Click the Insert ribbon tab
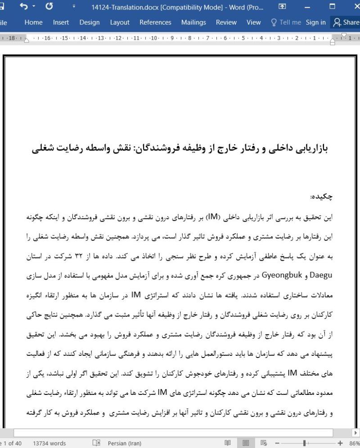tap(61, 22)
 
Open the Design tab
tap(90, 22)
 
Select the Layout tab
tap(120, 22)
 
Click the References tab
tap(155, 22)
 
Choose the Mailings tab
tap(193, 22)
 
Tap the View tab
tap(254, 22)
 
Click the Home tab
tap(33, 22)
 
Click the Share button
tap(345, 22)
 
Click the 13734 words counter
tap(49, 443)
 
